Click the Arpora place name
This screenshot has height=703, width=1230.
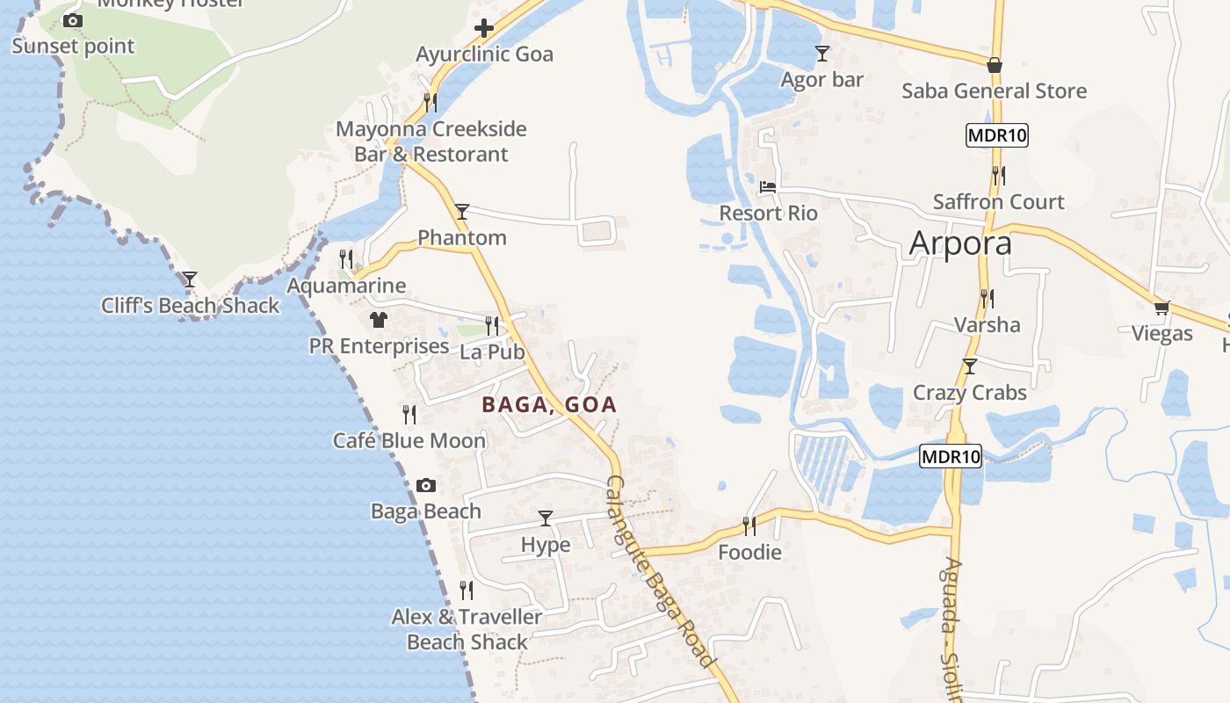tap(960, 243)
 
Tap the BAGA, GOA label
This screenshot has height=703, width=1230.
tap(549, 405)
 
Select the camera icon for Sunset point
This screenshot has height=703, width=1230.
tap(73, 20)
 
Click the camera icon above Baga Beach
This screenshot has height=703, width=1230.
tap(425, 485)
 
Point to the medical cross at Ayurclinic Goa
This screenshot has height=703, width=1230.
tap(483, 28)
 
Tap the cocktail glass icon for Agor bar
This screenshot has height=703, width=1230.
tap(821, 54)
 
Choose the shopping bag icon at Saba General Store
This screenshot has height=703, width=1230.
tap(994, 65)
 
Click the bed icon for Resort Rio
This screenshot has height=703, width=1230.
tap(768, 186)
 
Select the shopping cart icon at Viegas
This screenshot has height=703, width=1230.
tap(1161, 308)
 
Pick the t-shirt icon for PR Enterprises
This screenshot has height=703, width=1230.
tap(379, 320)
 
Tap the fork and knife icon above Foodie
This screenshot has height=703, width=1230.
tap(749, 525)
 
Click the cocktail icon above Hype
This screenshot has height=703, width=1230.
tap(546, 518)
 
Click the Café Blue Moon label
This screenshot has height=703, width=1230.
tap(409, 440)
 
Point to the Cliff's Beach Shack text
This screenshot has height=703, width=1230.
tap(190, 306)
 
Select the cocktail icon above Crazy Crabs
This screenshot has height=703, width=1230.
tap(969, 366)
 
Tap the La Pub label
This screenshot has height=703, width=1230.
tap(492, 351)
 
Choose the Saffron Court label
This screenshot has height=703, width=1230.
tap(998, 201)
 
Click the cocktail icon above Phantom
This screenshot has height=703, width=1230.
tap(461, 212)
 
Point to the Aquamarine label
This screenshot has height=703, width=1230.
tap(346, 286)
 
